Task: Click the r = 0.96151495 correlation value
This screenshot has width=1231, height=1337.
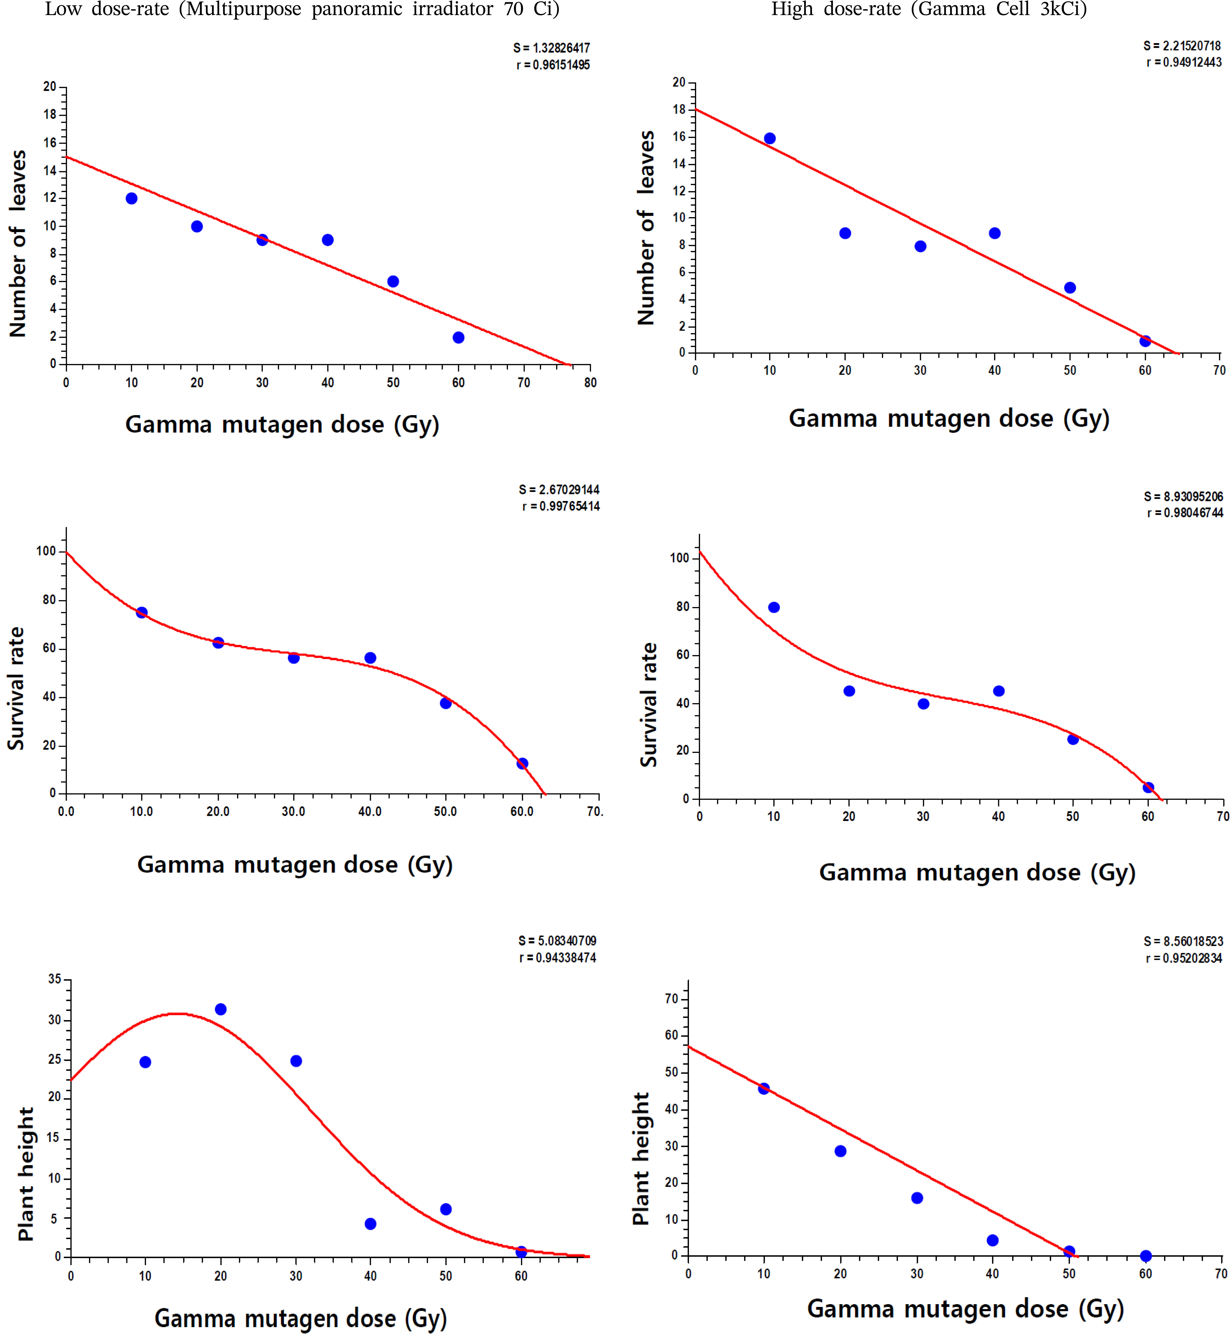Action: coord(553,65)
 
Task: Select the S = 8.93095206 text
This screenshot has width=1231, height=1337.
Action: coord(1183,496)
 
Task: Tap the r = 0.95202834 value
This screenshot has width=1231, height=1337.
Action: coord(1184,958)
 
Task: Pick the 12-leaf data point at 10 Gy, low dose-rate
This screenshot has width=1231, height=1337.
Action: coord(131,198)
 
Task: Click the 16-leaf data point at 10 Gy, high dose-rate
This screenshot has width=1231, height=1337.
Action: coord(769,139)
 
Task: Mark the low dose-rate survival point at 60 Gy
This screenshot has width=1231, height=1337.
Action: coord(522,763)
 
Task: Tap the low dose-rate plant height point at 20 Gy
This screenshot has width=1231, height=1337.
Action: coord(221,1009)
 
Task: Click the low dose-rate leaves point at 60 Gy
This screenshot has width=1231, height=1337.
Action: coord(458,338)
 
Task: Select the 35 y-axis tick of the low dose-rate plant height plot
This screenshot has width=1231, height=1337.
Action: coord(55,979)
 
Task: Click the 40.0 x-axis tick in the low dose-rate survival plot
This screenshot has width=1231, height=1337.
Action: coord(370,811)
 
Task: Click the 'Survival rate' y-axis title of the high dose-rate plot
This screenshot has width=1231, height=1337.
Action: coord(648,705)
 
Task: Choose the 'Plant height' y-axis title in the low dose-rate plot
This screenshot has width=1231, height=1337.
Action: coord(25,1174)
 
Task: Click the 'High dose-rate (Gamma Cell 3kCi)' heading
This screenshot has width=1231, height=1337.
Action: coord(929,9)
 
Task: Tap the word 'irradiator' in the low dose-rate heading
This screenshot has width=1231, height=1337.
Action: coord(452,9)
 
